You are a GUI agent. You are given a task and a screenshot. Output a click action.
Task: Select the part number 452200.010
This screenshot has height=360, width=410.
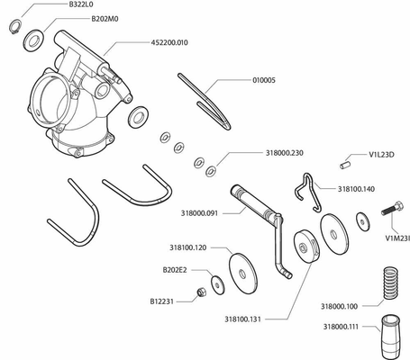(x=169, y=42)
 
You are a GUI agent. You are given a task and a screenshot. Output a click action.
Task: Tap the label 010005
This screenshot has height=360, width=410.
(x=264, y=80)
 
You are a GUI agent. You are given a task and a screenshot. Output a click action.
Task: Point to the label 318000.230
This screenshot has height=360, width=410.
(x=285, y=153)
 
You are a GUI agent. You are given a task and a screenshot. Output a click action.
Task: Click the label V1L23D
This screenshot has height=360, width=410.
(x=381, y=155)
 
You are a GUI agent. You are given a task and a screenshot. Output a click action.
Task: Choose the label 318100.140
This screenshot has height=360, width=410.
(x=356, y=189)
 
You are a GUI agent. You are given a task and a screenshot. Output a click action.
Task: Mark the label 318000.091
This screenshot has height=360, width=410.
(x=199, y=213)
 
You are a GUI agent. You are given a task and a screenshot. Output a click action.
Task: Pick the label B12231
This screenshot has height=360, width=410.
(x=162, y=301)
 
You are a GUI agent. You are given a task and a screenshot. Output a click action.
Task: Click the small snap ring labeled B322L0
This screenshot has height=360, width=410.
(x=14, y=26)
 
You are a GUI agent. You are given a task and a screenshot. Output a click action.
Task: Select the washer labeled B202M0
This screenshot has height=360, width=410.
(x=33, y=40)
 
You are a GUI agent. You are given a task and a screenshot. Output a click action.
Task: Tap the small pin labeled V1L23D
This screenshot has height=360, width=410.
(x=345, y=165)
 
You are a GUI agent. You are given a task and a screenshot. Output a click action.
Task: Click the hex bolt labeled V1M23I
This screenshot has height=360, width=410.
(x=392, y=208)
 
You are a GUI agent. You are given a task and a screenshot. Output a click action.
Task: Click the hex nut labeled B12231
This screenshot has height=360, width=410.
(x=201, y=292)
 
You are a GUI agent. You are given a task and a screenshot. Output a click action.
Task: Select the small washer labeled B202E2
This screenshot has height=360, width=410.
(x=217, y=284)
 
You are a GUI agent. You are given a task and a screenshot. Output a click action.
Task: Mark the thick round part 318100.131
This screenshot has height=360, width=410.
(x=306, y=247)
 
